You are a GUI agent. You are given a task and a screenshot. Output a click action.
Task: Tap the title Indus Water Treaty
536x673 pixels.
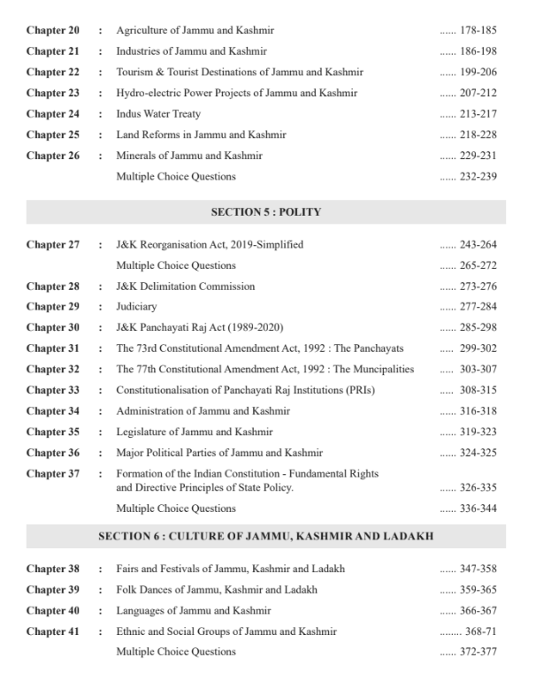(158, 114)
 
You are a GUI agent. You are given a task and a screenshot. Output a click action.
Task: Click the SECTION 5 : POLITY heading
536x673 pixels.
(265, 212)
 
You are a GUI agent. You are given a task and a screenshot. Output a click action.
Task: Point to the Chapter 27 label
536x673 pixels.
(52, 245)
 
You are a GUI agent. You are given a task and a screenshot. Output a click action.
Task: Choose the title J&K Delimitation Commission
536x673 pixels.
(186, 287)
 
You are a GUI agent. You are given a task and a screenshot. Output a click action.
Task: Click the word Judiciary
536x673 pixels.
(136, 307)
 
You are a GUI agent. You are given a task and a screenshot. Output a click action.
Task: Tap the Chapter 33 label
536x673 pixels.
(52, 390)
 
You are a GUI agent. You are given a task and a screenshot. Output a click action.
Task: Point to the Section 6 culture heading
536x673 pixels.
(265, 536)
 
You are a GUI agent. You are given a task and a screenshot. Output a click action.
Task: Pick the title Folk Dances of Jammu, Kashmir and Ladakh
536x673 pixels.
(217, 590)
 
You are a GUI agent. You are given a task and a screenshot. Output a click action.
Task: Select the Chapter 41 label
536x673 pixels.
(52, 631)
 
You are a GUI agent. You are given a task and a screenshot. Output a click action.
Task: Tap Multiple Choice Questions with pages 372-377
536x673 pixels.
(176, 652)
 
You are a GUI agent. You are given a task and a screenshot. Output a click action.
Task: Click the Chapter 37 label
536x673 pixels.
(52, 474)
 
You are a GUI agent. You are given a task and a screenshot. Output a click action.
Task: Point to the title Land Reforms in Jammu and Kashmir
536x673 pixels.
(201, 134)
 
